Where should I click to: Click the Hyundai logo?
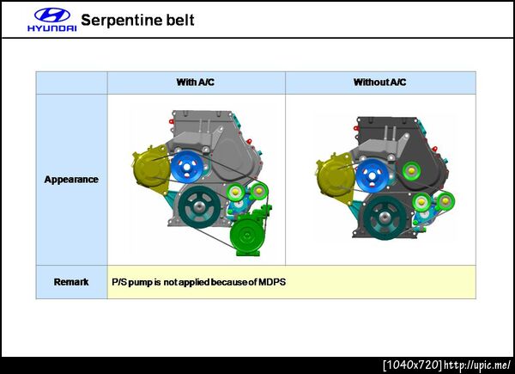pos(52,20)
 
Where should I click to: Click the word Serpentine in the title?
pos(120,21)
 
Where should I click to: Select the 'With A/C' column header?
pos(196,82)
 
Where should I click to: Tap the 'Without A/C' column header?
pos(379,82)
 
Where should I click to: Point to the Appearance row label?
pos(71,180)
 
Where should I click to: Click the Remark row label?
pos(71,282)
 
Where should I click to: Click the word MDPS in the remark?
pos(272,282)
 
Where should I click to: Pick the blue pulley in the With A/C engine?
pos(186,167)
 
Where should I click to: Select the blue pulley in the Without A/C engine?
pos(373,175)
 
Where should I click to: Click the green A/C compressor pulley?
pos(246,235)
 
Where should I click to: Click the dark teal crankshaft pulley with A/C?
pos(199,207)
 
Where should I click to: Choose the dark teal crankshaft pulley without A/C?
pos(385,218)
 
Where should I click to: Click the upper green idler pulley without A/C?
pos(411,171)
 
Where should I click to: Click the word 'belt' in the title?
pos(180,21)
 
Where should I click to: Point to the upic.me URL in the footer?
pos(477,365)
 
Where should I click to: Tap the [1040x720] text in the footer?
pos(413,365)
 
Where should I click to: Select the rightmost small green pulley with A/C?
pos(259,191)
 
